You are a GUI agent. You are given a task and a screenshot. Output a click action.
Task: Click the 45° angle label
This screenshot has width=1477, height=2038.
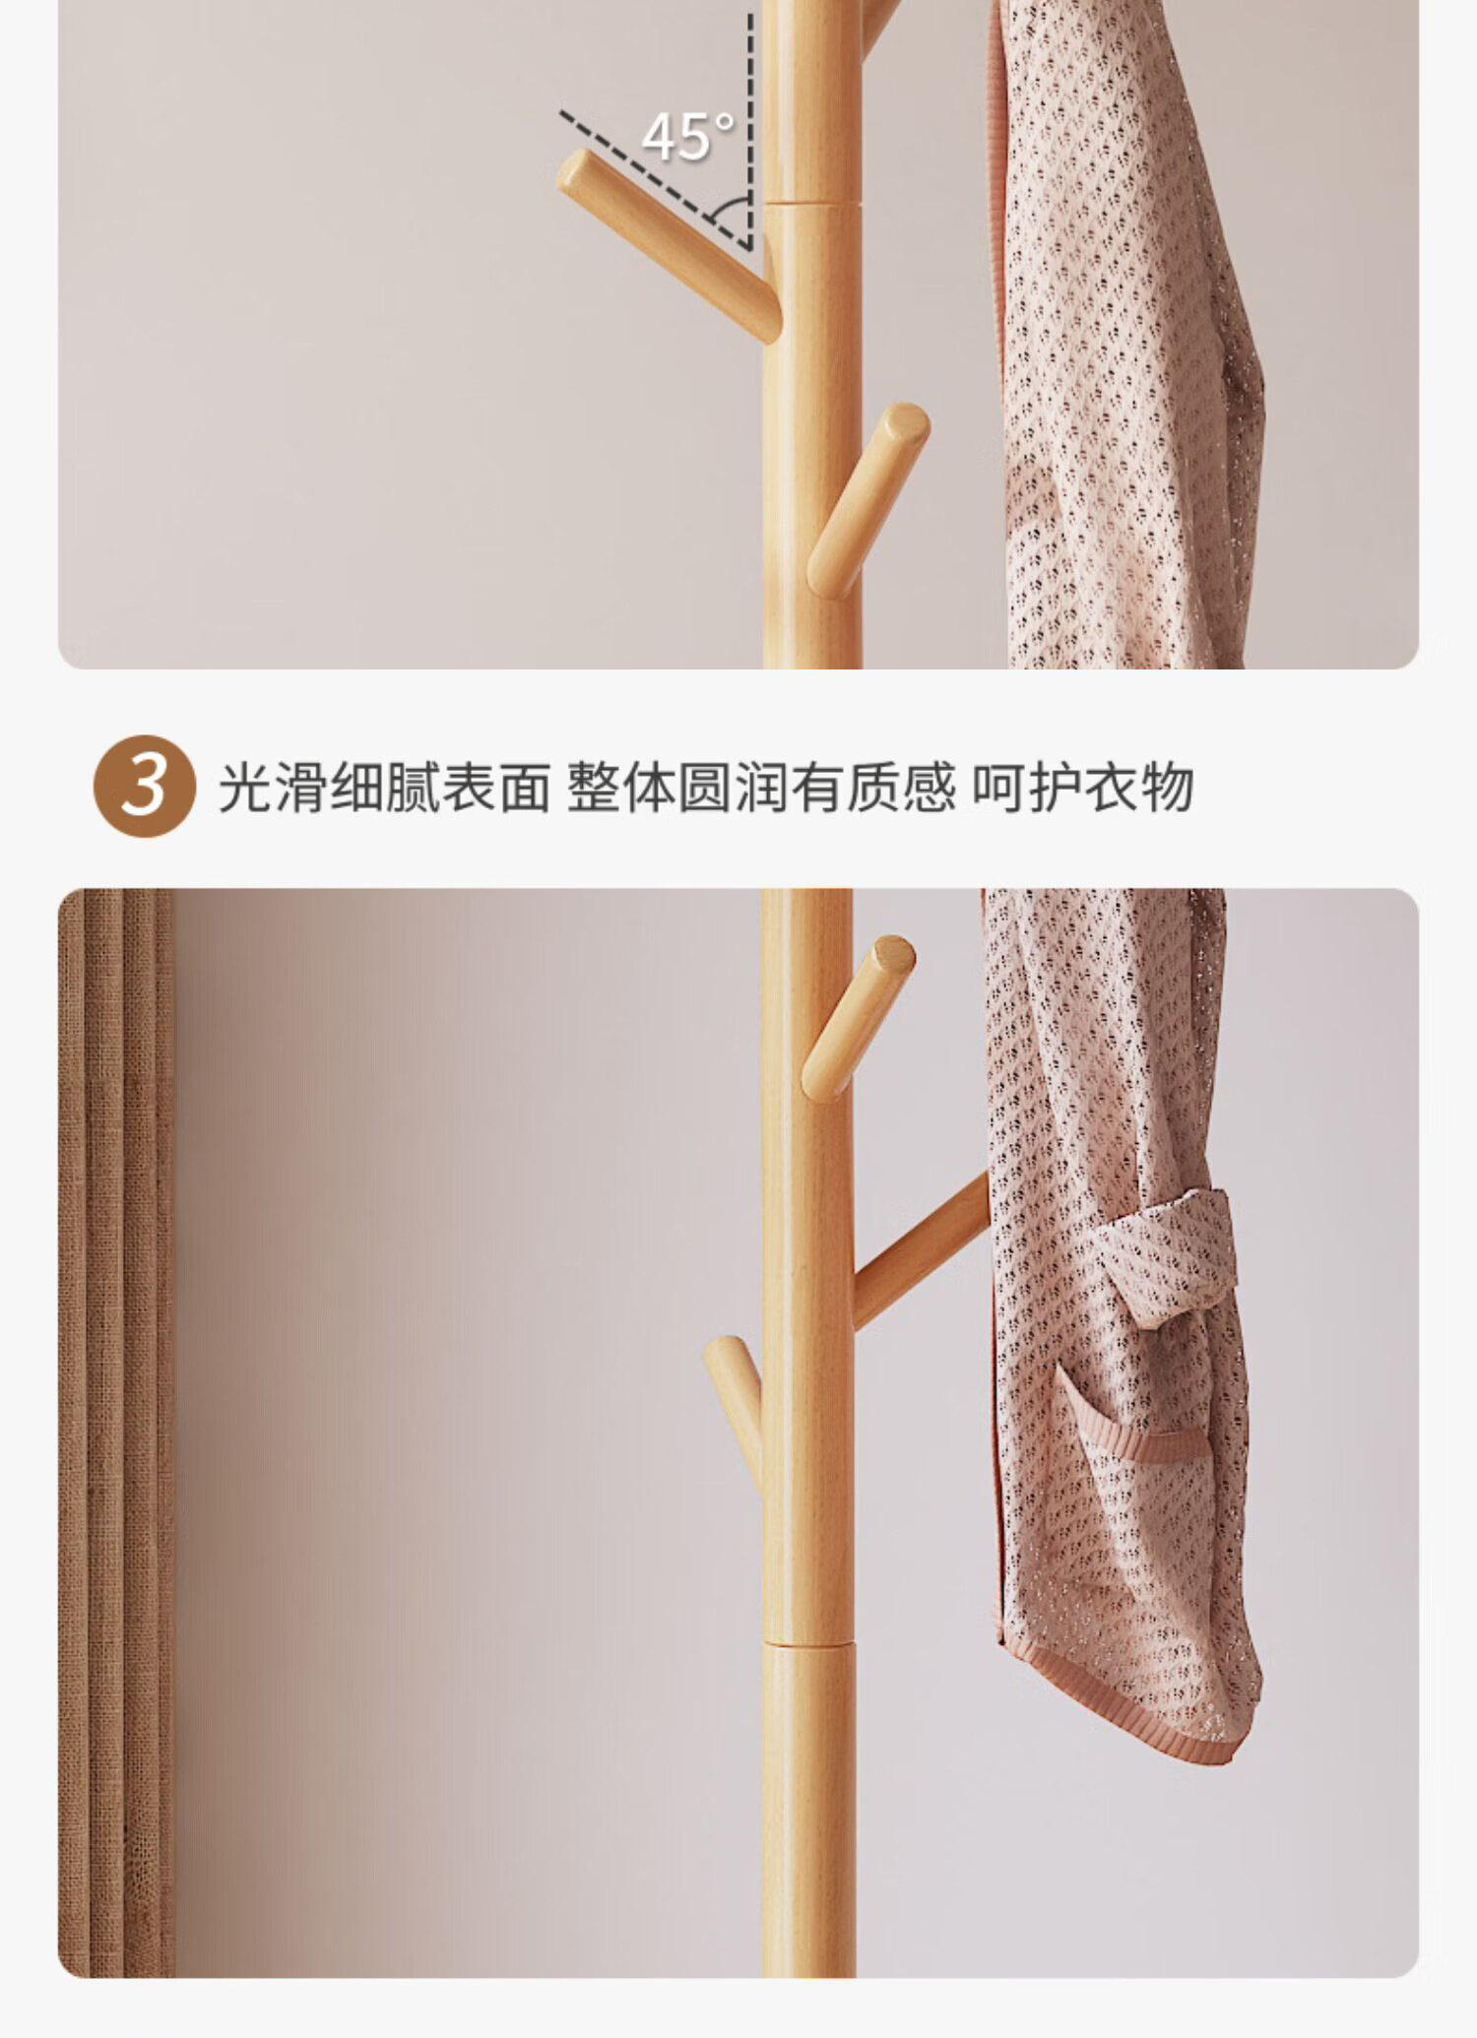(x=687, y=137)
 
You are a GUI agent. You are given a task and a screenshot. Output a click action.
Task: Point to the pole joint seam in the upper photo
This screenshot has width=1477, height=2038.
(x=812, y=204)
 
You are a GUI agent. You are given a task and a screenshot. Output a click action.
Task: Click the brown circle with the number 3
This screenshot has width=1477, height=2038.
(x=145, y=786)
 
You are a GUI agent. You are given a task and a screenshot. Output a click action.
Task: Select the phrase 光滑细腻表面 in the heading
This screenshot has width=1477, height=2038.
(x=384, y=788)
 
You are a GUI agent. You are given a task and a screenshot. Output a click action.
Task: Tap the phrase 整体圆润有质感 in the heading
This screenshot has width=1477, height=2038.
(x=761, y=788)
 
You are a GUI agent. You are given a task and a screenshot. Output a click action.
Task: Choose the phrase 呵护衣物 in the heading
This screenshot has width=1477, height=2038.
(x=1083, y=788)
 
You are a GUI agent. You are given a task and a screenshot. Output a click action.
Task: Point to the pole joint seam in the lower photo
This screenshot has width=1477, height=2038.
(x=807, y=1641)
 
